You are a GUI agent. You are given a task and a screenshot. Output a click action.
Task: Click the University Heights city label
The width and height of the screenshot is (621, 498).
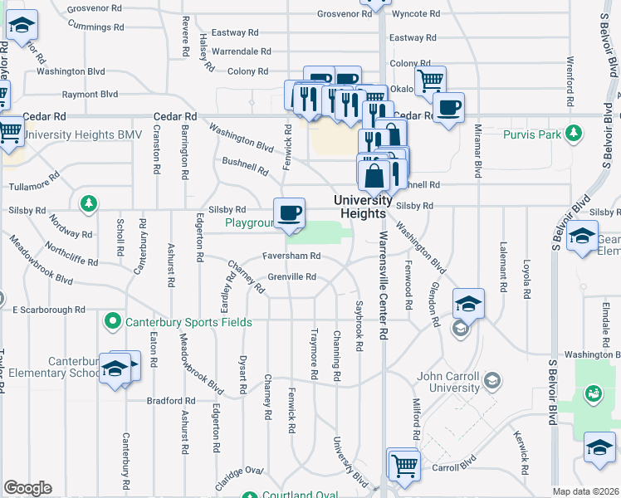pyautogui.click(x=364, y=207)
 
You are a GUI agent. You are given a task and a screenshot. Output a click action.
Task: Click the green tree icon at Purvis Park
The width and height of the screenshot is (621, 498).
pyautogui.click(x=572, y=133)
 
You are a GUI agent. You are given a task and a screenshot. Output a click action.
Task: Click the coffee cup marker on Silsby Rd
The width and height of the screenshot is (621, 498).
pyautogui.click(x=290, y=213)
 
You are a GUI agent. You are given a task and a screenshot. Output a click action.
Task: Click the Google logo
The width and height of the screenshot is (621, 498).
pyautogui.click(x=27, y=488)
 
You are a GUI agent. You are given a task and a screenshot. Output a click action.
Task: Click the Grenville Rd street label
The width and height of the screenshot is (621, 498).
pyautogui.click(x=291, y=277)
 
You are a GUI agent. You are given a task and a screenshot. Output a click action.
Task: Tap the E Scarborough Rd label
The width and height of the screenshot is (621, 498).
pyautogui.click(x=49, y=310)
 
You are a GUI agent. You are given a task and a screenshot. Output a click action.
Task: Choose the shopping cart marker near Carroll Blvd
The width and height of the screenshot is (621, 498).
pyautogui.click(x=404, y=466)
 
